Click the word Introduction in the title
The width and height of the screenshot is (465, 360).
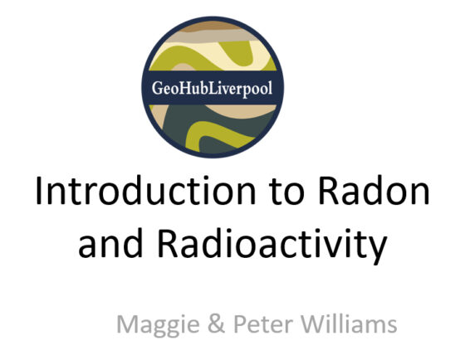point(146,191)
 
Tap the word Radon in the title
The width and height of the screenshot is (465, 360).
point(374,191)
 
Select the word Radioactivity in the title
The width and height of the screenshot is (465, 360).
point(272,245)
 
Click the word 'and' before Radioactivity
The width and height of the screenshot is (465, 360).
point(110,243)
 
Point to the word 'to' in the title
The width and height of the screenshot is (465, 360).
point(286,192)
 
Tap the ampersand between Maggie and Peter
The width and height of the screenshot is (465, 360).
point(216,324)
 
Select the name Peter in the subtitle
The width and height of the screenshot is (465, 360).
point(263,324)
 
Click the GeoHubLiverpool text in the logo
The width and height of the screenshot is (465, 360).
point(212,88)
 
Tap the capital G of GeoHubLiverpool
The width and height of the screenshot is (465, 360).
point(157,88)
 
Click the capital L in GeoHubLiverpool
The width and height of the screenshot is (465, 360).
point(213,88)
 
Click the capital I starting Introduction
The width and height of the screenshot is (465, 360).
point(38,191)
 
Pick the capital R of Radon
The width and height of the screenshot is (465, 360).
point(328,191)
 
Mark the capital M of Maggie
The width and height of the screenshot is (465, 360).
point(126,324)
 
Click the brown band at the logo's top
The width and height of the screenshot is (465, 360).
point(212,26)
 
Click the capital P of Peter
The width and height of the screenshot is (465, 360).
point(240,324)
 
